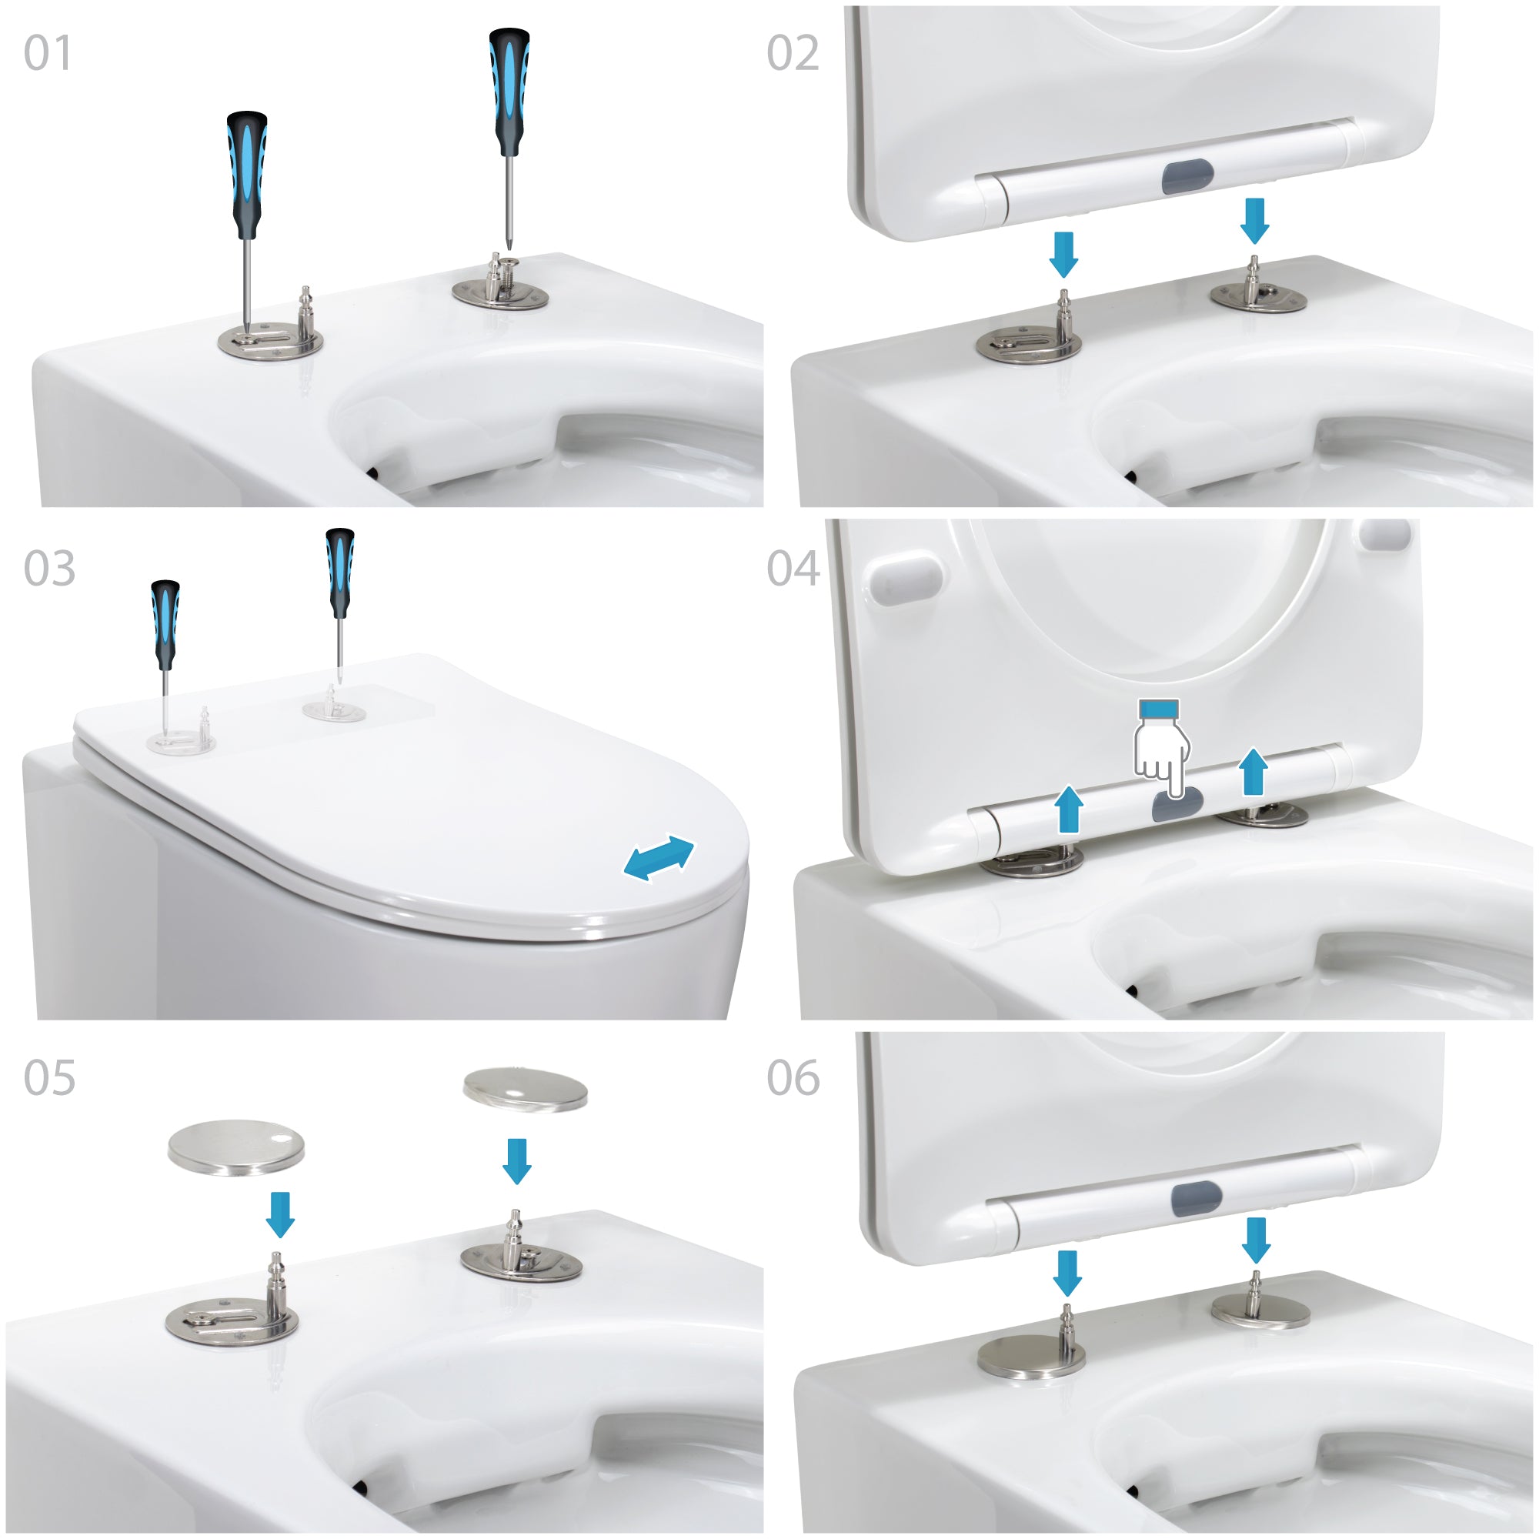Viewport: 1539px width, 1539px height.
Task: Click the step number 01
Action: click(x=48, y=53)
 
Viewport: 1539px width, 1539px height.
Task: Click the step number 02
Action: click(x=793, y=53)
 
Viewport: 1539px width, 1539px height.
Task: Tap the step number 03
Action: click(x=49, y=568)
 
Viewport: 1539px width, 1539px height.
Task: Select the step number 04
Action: click(x=793, y=568)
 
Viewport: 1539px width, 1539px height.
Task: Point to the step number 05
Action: click(x=49, y=1078)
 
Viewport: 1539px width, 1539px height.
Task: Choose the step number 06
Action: click(x=793, y=1078)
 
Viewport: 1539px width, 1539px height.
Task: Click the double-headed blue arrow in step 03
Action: click(x=659, y=858)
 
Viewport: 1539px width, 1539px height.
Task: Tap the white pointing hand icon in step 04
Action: click(x=1162, y=749)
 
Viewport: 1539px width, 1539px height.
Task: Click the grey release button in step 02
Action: click(x=1187, y=176)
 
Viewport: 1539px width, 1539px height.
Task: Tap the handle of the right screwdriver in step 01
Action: click(x=509, y=92)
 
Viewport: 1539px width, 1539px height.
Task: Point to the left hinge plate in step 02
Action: click(x=1029, y=345)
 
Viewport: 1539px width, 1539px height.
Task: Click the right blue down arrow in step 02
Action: click(x=1254, y=222)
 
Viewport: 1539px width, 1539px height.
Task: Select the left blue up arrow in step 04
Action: click(x=1068, y=810)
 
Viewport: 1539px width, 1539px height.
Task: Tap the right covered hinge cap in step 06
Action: click(x=1261, y=1312)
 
